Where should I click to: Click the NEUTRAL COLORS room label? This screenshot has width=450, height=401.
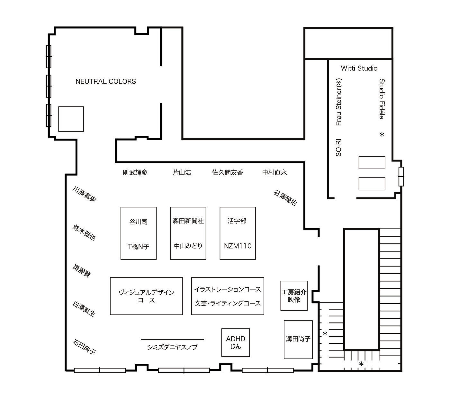(105, 82)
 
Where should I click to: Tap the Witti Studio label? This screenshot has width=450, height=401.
(359, 68)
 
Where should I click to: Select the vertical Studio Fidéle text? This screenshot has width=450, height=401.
(382, 99)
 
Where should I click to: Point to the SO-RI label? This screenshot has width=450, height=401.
(338, 148)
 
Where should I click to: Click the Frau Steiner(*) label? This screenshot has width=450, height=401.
(338, 102)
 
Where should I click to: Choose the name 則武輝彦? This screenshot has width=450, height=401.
(135, 172)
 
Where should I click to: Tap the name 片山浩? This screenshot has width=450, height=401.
(182, 172)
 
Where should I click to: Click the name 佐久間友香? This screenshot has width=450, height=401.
(228, 172)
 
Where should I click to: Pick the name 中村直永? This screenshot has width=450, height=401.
(274, 172)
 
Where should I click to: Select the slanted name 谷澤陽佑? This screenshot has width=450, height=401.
(285, 197)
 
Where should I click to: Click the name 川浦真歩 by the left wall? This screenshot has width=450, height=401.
(84, 194)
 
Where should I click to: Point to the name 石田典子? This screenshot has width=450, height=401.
(84, 346)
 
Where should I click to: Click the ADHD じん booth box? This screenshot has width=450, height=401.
(236, 342)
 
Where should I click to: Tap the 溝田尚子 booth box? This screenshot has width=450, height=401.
(298, 339)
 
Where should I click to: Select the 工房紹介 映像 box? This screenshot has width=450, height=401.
(294, 296)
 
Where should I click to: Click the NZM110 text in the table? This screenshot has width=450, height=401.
(238, 246)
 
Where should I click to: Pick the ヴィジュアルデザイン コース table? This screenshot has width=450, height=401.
(146, 296)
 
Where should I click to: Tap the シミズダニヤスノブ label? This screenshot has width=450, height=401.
(172, 347)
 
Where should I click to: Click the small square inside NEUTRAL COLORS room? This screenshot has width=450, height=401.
(71, 119)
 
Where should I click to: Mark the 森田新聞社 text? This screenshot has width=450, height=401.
(188, 221)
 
